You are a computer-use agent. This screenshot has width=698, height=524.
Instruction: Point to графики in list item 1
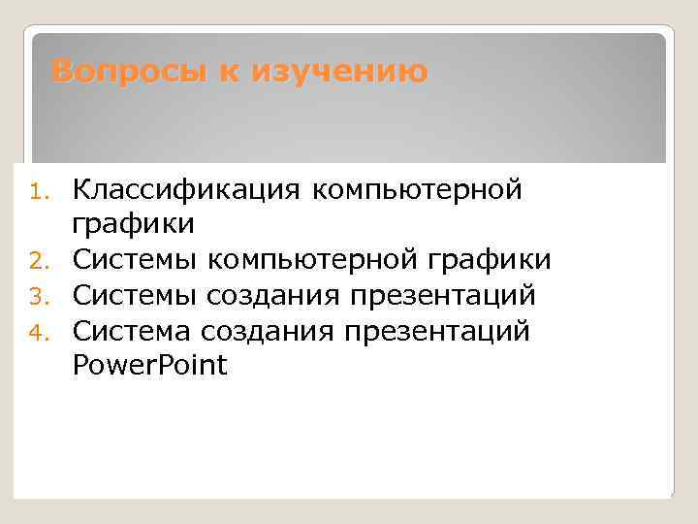(134, 224)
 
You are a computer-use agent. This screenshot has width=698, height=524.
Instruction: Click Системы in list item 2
(136, 259)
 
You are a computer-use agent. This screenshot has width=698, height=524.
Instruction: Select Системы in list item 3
(136, 295)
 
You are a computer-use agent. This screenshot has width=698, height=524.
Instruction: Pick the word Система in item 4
(134, 331)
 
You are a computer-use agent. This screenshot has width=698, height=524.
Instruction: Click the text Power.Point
(149, 366)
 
